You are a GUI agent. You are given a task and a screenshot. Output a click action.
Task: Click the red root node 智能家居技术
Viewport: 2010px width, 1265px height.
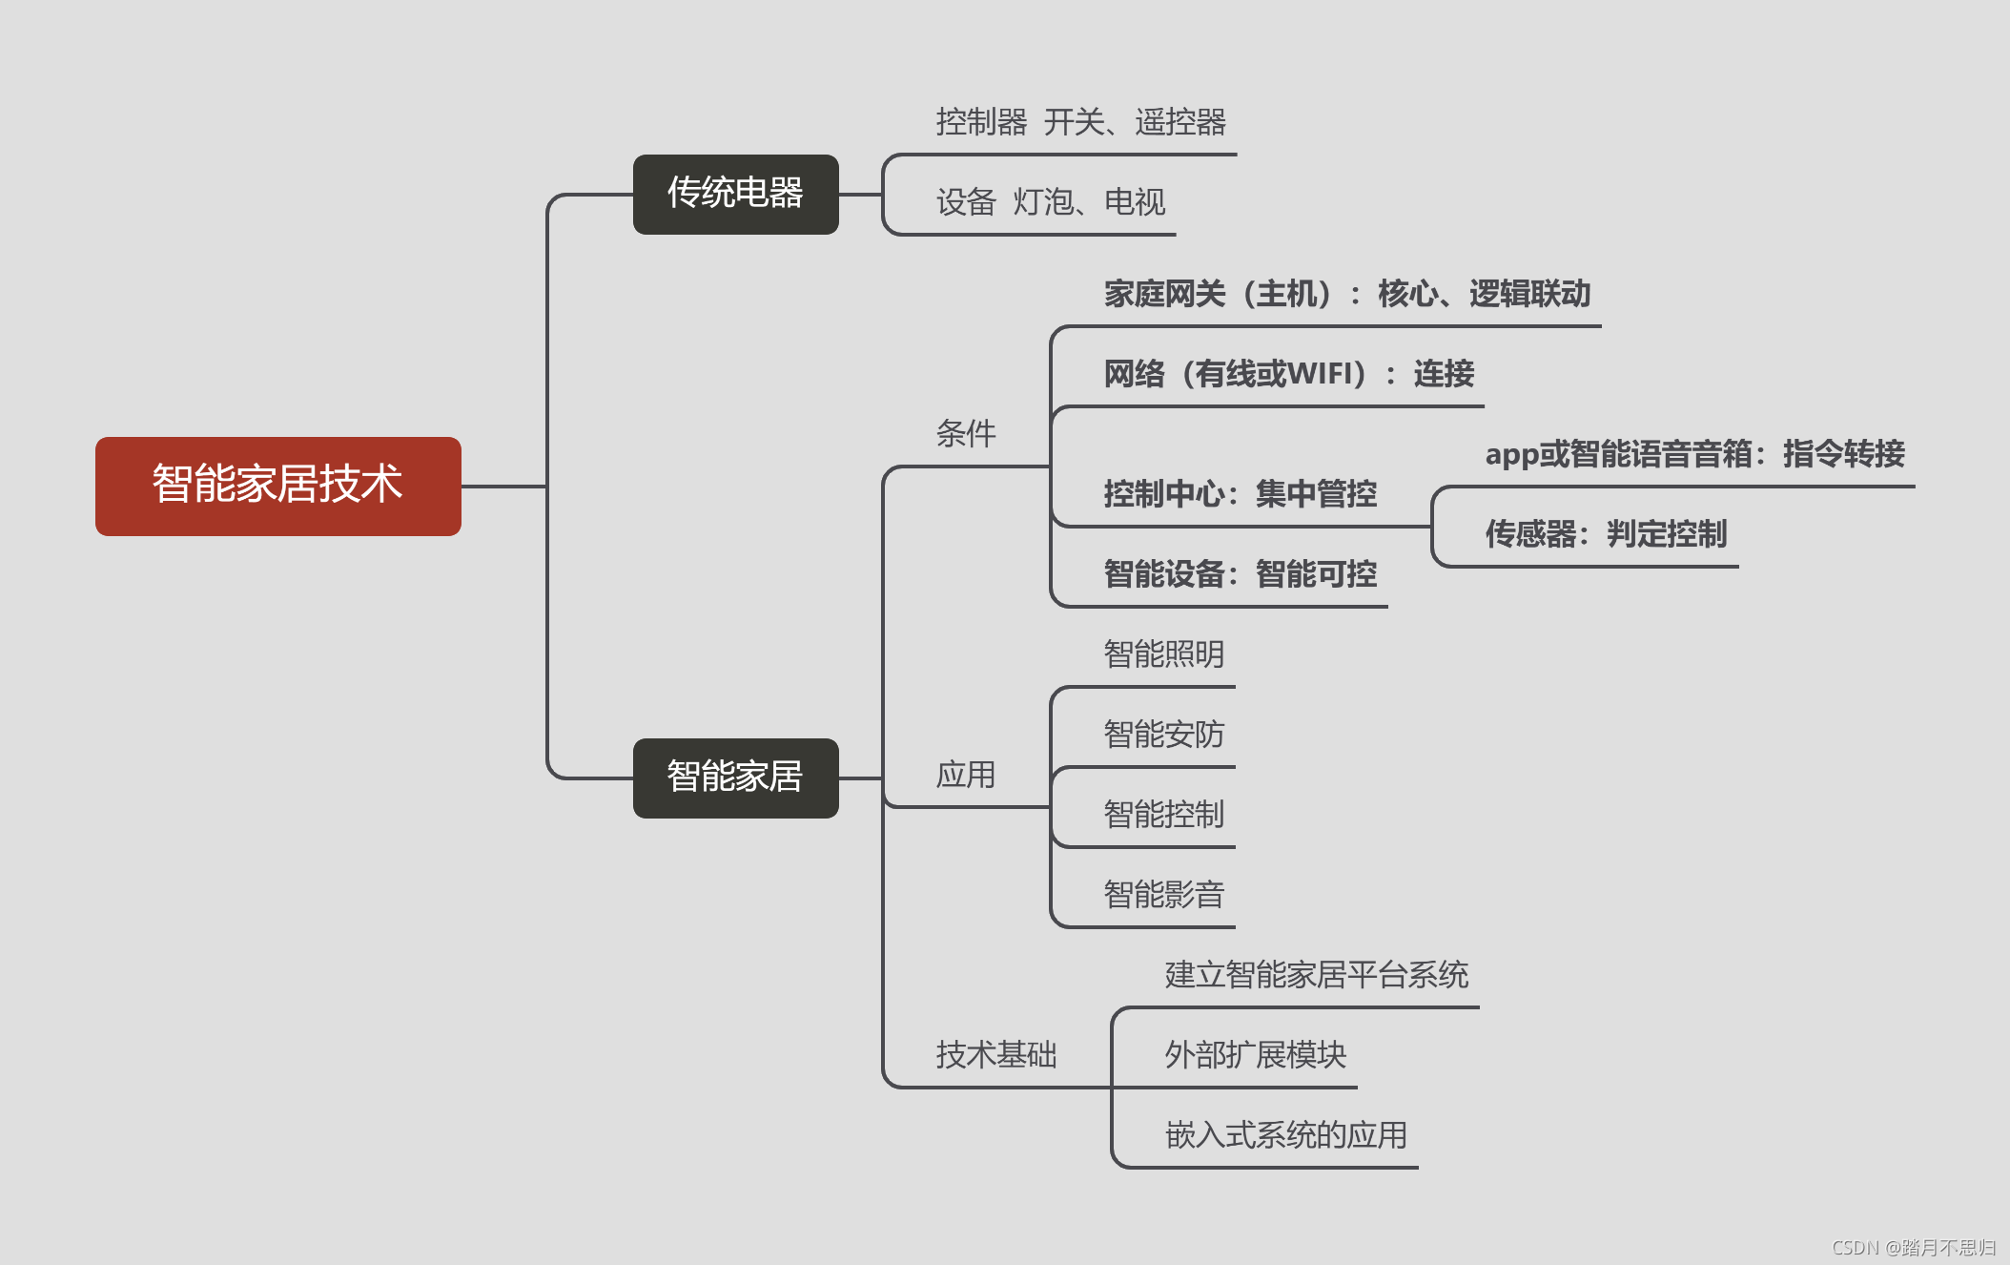(277, 486)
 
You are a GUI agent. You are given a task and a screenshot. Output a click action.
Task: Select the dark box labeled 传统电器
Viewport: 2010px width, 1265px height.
(735, 194)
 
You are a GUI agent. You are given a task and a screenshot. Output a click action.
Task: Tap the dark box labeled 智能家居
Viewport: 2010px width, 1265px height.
(735, 778)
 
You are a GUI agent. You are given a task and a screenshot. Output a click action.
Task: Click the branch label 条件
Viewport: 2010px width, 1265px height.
(965, 434)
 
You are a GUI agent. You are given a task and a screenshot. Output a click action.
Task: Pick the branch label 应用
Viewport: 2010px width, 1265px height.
(965, 775)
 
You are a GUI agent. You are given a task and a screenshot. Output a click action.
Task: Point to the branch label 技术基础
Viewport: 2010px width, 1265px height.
(995, 1055)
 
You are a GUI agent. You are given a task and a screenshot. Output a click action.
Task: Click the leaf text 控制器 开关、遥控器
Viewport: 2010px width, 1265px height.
(1080, 122)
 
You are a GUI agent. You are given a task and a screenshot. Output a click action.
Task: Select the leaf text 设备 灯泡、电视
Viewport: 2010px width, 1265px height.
(1050, 202)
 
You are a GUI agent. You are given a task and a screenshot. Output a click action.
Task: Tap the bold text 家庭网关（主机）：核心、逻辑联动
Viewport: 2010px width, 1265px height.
(1346, 294)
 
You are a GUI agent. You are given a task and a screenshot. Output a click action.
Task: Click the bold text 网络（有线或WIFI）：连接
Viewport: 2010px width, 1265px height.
(1288, 374)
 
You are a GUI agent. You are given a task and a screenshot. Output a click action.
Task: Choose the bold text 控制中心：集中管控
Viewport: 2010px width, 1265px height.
(1240, 494)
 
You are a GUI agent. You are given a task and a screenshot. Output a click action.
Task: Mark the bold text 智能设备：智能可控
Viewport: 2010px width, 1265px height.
(1240, 574)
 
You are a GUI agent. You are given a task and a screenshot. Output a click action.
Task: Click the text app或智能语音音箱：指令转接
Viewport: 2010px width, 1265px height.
(1694, 454)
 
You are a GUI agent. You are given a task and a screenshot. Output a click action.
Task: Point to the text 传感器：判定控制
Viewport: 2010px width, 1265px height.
(1606, 534)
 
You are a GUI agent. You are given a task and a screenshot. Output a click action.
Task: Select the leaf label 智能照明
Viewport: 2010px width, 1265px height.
(1163, 654)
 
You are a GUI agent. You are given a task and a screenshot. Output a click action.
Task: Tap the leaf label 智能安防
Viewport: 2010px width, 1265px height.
(1163, 735)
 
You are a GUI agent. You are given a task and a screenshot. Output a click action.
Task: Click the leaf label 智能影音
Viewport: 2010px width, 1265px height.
(1163, 895)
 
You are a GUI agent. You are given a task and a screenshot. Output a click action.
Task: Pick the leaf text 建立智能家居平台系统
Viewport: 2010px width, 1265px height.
(1316, 975)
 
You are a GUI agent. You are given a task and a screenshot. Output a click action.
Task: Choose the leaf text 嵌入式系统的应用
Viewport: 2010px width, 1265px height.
(1285, 1135)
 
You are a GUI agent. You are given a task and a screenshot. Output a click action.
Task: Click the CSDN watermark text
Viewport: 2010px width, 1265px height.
(1913, 1248)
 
